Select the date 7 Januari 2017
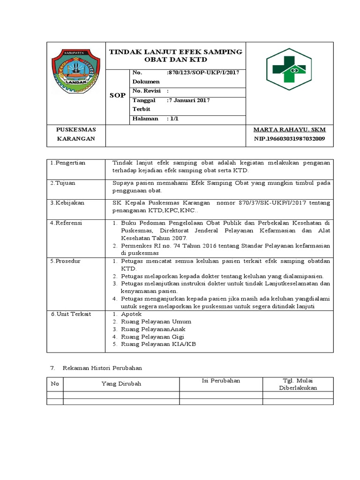[189, 100]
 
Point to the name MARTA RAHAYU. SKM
[289, 129]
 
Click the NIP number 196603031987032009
[289, 139]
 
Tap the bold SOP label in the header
[117, 95]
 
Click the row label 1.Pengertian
[68, 163]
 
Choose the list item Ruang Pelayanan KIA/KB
[158, 344]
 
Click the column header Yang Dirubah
[121, 384]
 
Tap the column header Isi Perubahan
[221, 381]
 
